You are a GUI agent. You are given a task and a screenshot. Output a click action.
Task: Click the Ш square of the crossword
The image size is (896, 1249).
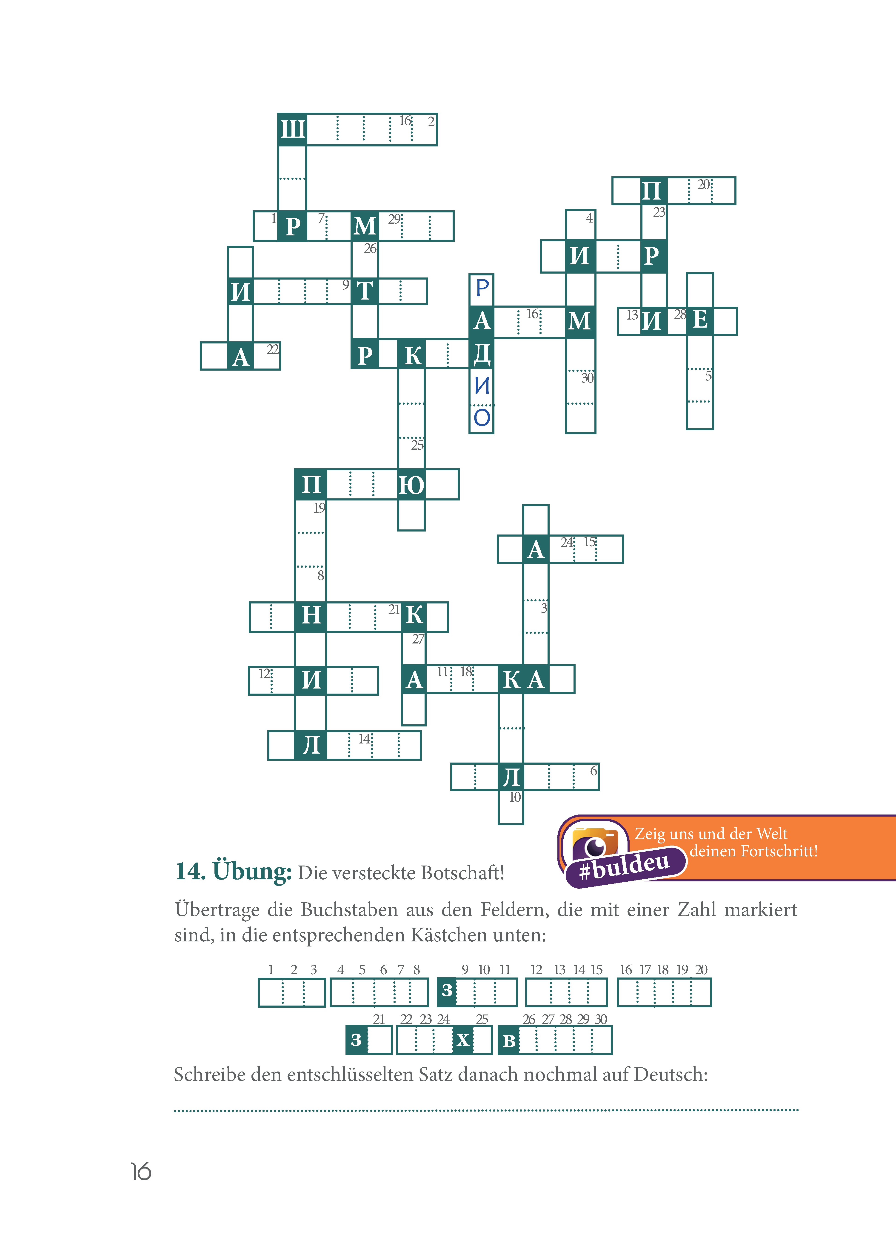tap(292, 129)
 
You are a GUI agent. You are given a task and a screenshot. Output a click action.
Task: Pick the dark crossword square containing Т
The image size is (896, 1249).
tap(365, 291)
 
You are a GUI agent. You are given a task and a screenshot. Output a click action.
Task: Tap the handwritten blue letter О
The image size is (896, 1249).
tap(482, 417)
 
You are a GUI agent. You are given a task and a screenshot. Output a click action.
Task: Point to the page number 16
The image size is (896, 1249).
tap(141, 1171)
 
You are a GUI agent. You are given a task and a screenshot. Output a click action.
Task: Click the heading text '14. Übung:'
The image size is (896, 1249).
tap(233, 871)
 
